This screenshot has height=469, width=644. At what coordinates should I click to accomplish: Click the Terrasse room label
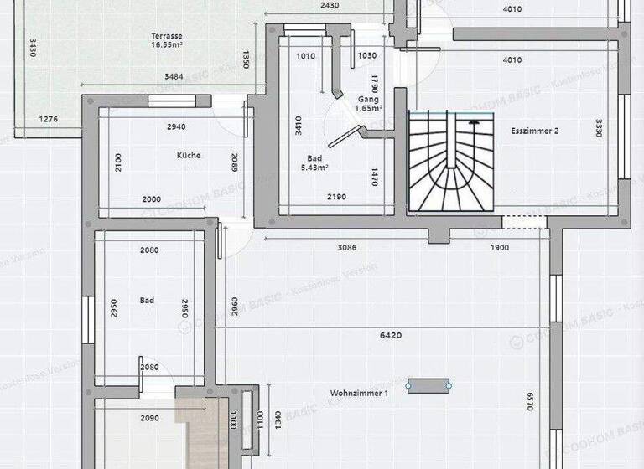[167, 36]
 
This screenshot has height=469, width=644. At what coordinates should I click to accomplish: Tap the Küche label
[188, 156]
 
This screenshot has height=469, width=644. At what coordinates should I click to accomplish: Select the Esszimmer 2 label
[534, 131]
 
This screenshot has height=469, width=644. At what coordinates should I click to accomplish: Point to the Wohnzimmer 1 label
[359, 393]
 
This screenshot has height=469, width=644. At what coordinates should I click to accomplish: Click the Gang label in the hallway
[367, 99]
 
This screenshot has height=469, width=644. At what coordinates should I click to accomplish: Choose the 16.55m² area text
[167, 45]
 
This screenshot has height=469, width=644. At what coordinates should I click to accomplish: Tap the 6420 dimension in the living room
[391, 336]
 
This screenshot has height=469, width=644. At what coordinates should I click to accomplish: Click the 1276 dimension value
[49, 120]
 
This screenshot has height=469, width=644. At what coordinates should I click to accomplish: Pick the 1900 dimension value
[499, 248]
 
